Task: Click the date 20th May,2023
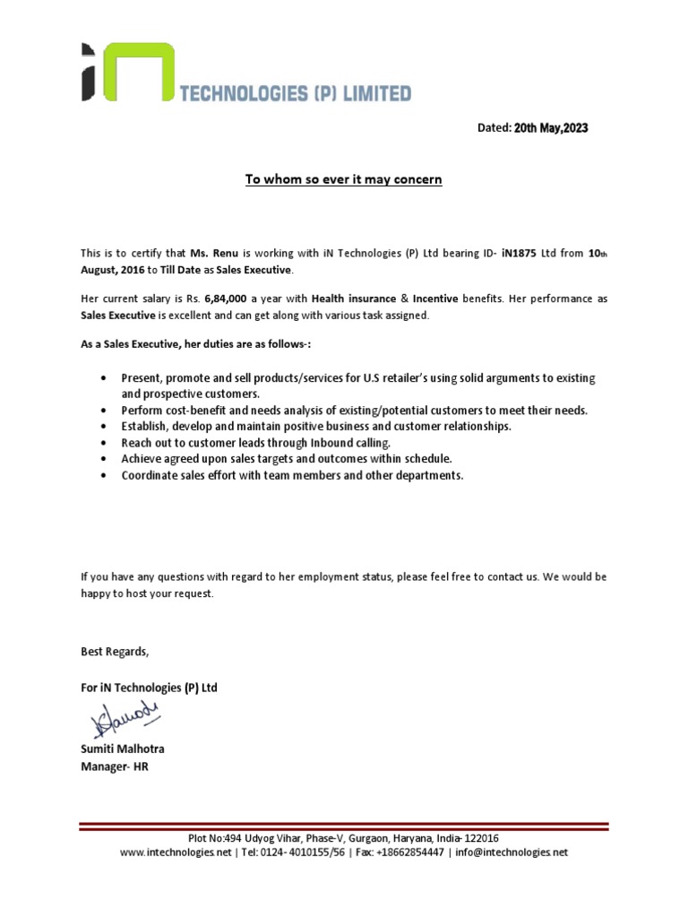[551, 128]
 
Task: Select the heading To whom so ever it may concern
[344, 180]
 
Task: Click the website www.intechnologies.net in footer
[176, 853]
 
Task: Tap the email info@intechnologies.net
[512, 853]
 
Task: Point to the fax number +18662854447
[411, 853]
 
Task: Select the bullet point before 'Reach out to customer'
[107, 443]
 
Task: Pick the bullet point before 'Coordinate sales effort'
[107, 476]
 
